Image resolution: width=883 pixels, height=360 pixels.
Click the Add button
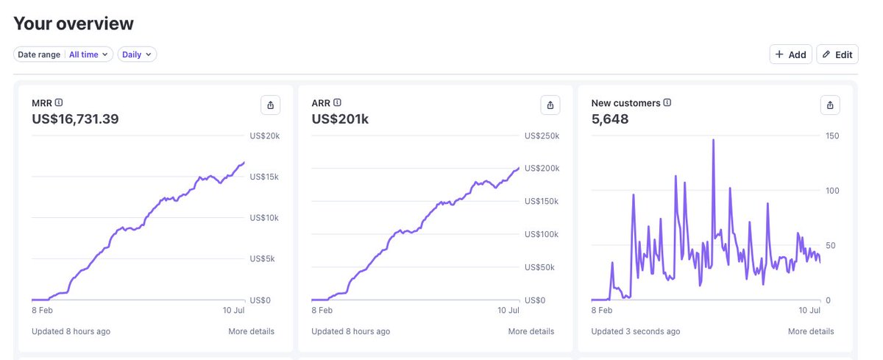click(x=790, y=54)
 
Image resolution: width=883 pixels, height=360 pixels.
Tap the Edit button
click(x=837, y=54)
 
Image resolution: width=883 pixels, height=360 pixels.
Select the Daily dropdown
click(x=137, y=54)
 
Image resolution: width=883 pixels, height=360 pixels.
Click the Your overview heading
click(x=74, y=24)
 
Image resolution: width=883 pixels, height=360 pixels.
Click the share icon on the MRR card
click(x=271, y=105)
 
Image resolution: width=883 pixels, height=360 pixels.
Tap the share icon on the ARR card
click(x=550, y=105)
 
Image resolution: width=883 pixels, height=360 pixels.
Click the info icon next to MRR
click(x=59, y=102)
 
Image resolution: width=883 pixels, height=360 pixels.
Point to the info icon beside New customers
click(x=667, y=102)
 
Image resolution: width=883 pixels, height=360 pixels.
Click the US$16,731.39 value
click(x=75, y=119)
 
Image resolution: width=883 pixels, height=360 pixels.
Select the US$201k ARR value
click(x=340, y=119)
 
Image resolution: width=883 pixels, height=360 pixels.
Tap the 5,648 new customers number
click(x=610, y=119)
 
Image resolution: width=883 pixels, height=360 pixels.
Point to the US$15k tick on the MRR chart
click(x=264, y=177)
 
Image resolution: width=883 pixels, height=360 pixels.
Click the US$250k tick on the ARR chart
click(x=542, y=136)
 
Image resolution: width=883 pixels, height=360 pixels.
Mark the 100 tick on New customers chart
click(x=832, y=191)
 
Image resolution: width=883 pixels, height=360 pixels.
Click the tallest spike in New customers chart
click(x=713, y=140)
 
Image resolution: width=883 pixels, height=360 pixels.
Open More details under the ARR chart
click(x=531, y=331)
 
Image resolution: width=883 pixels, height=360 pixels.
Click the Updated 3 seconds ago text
click(x=636, y=331)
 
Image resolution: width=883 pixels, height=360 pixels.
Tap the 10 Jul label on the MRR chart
click(x=233, y=311)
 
